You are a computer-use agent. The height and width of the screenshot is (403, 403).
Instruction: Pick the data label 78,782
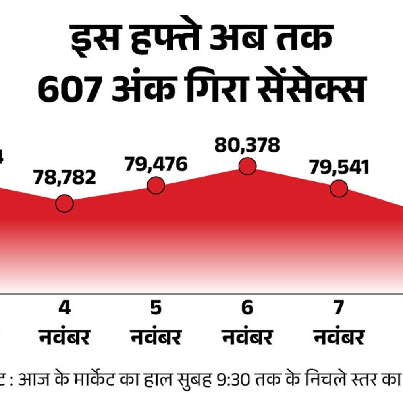[x=64, y=177]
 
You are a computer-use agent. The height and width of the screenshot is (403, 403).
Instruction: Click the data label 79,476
[x=156, y=164]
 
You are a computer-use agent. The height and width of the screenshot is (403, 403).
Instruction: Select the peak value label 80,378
[x=247, y=145]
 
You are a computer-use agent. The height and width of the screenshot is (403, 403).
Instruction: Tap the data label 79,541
[x=339, y=167]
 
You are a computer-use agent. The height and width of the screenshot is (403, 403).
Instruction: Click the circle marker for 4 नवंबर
[x=64, y=204]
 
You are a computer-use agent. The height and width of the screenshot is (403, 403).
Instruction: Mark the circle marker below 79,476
[x=156, y=185]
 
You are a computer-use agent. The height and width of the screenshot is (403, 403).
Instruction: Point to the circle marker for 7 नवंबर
[x=339, y=189]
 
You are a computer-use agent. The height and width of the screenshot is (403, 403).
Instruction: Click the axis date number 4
[x=64, y=308]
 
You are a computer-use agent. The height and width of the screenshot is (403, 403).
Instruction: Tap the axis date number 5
[x=156, y=308]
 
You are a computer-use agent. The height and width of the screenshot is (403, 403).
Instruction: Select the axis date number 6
[x=247, y=308]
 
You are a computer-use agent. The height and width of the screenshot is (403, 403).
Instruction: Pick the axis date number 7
[x=339, y=308]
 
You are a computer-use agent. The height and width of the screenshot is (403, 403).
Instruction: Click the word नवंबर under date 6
[x=247, y=337]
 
